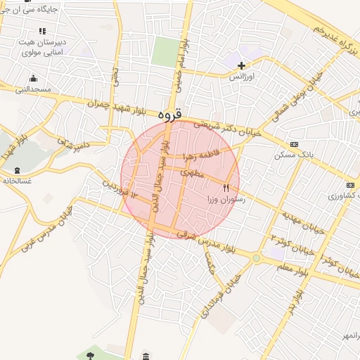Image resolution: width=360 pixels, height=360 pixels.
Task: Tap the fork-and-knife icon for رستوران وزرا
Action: point(226,188)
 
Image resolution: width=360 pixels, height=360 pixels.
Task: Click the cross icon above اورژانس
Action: point(241,65)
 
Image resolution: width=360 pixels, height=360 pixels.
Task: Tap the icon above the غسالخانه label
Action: point(17,171)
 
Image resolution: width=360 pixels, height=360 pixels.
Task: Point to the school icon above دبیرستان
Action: point(41,31)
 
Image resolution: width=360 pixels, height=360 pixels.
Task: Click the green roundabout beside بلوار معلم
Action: point(256,259)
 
